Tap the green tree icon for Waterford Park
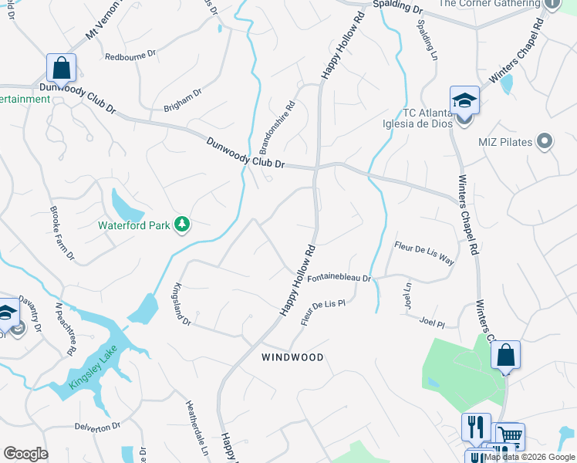coord(182,225)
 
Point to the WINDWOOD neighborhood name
coord(292,357)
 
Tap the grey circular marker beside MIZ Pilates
coord(545,140)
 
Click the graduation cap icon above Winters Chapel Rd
coord(464,100)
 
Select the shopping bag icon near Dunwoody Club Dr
coord(61,68)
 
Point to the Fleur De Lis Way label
coord(423,253)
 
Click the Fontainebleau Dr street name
coord(339,279)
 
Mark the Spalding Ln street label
coord(427,46)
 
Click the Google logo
coord(25,454)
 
